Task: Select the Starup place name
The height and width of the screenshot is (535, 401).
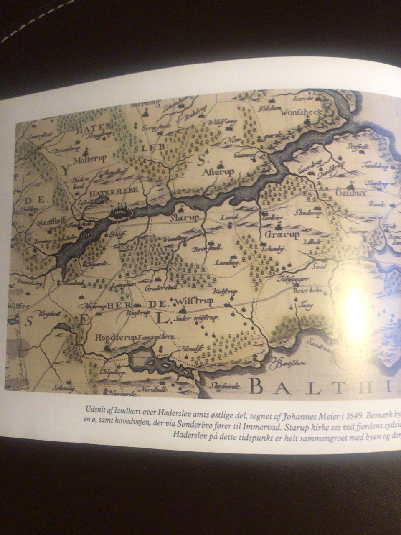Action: [x=184, y=218]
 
